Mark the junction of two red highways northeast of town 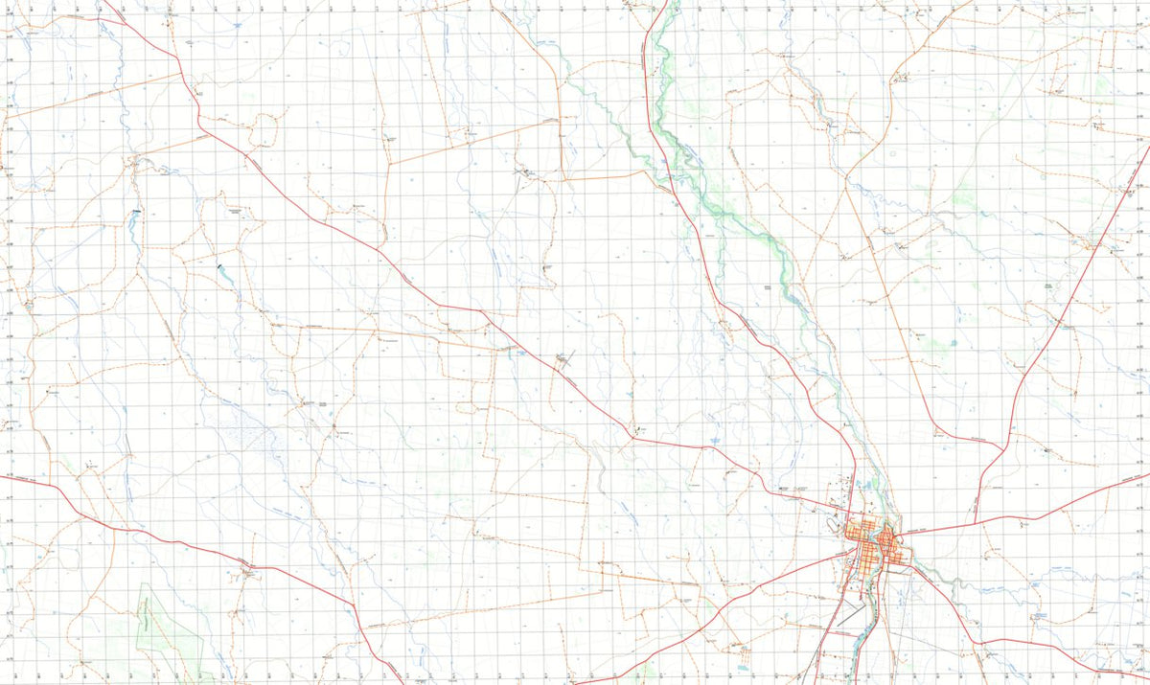[x=1002, y=448]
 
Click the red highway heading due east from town [x=1073, y=498]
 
